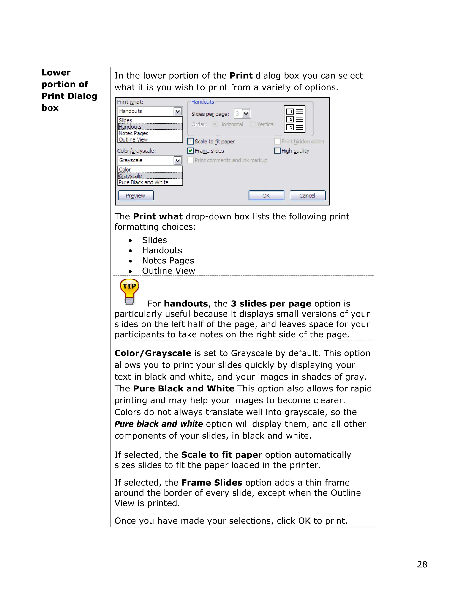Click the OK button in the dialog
[266, 195]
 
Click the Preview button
[136, 195]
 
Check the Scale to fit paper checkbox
[190, 142]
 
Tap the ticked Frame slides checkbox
[190, 151]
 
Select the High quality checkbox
[277, 151]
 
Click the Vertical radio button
[253, 124]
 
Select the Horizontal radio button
[215, 124]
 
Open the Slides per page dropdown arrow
[246, 114]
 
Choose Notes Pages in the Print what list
[133, 133]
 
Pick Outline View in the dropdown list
[133, 139]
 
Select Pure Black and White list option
[143, 182]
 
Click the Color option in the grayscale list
[125, 170]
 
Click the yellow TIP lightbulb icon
[129, 291]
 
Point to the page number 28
[422, 564]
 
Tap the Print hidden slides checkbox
[277, 142]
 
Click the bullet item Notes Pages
[168, 261]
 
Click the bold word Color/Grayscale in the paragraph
[153, 353]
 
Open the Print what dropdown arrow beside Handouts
[177, 111]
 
